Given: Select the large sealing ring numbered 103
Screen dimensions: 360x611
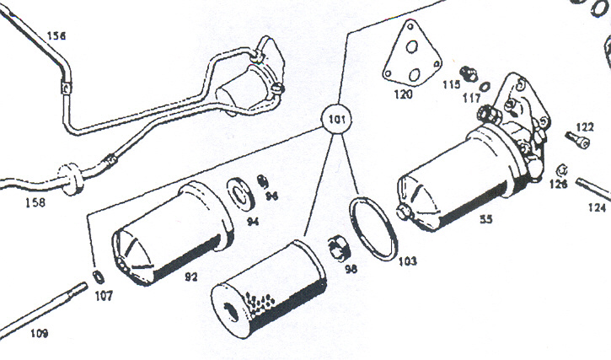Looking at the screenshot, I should point(373,228).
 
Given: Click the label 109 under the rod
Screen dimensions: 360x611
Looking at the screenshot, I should point(40,333).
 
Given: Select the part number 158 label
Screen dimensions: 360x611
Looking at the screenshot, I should point(35,203).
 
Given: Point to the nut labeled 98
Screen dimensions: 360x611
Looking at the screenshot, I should point(339,248).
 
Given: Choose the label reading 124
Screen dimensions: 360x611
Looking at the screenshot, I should point(597,205).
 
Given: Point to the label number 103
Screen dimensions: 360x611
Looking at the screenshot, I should point(407,261).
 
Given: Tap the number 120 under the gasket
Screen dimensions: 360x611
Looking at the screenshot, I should point(403,94).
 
